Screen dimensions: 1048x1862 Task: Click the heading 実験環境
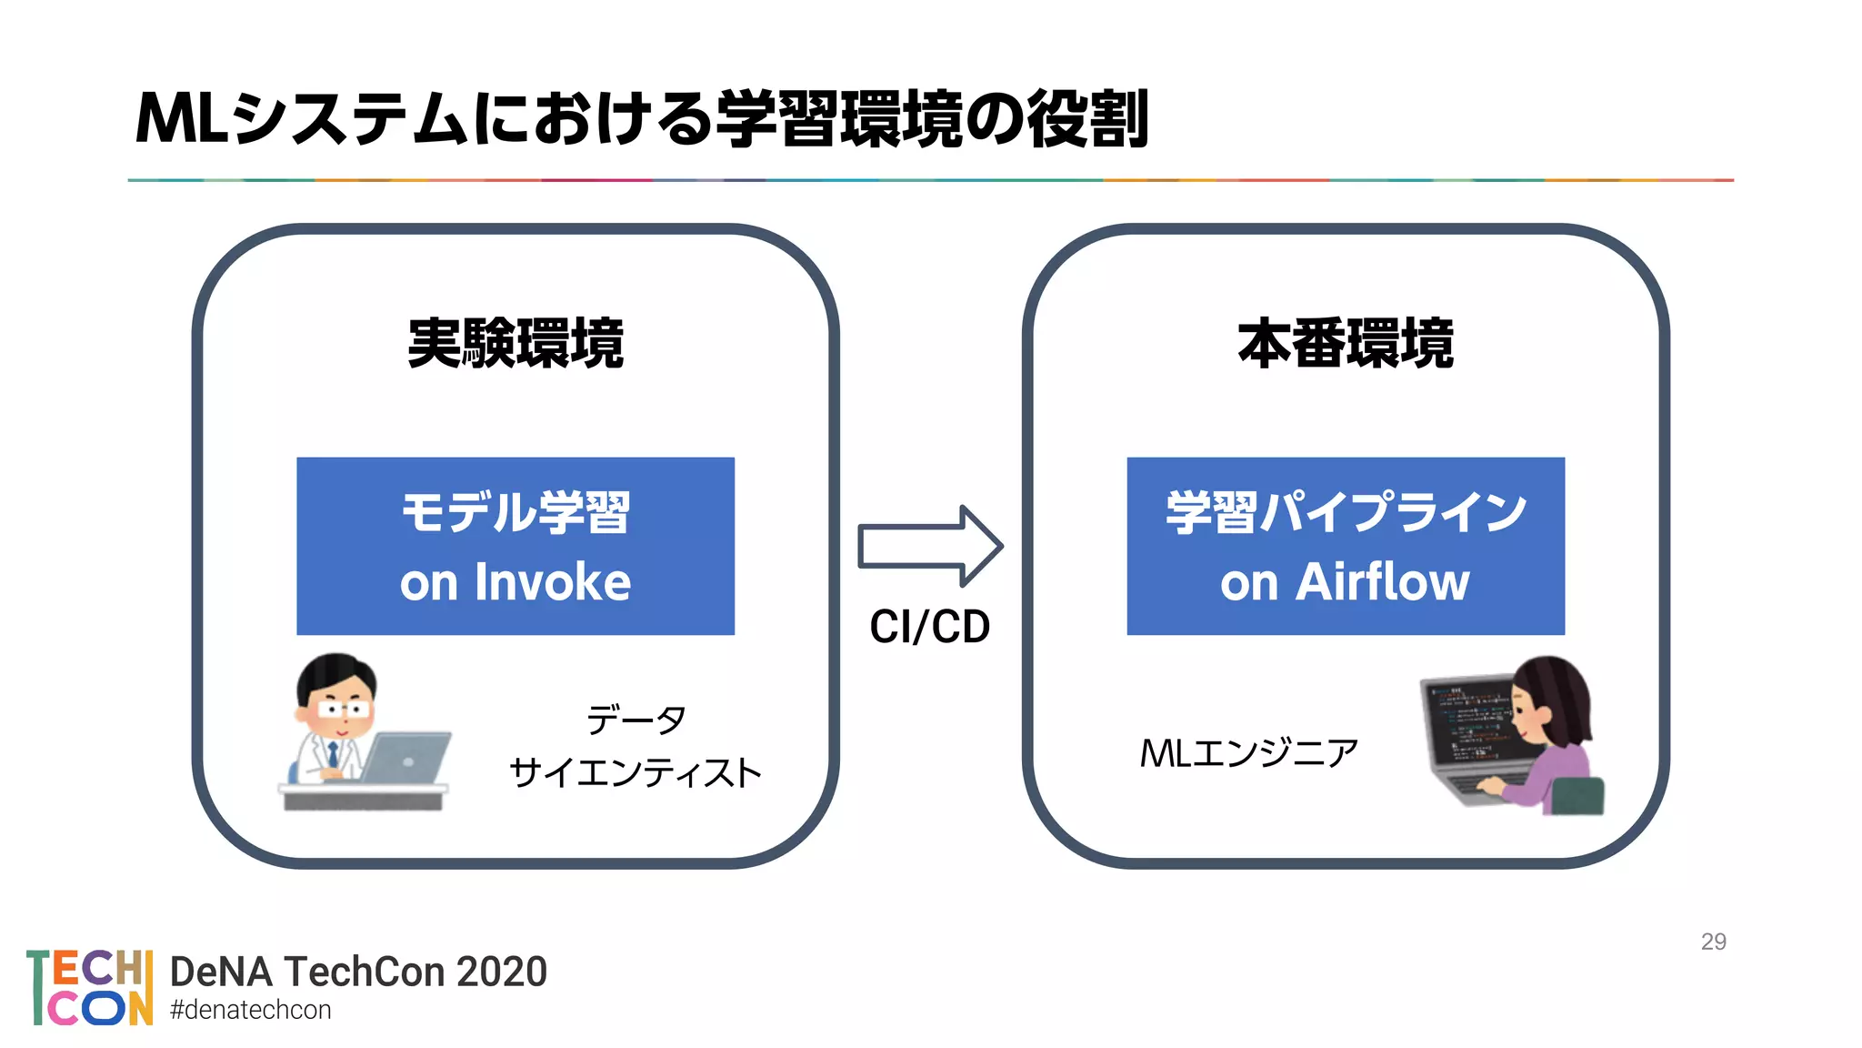(516, 344)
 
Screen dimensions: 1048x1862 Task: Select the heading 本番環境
(1346, 344)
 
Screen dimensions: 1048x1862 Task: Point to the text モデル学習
(516, 512)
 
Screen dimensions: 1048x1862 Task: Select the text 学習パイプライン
(1346, 512)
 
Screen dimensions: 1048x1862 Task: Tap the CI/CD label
(929, 627)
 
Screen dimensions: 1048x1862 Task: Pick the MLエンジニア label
(1248, 753)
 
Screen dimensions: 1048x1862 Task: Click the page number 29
(1713, 942)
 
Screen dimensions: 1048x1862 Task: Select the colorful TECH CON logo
(89, 987)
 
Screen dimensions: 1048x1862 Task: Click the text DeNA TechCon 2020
(358, 972)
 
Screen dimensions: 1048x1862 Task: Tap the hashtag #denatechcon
(251, 1011)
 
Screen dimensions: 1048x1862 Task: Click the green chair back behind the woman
(1577, 797)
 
